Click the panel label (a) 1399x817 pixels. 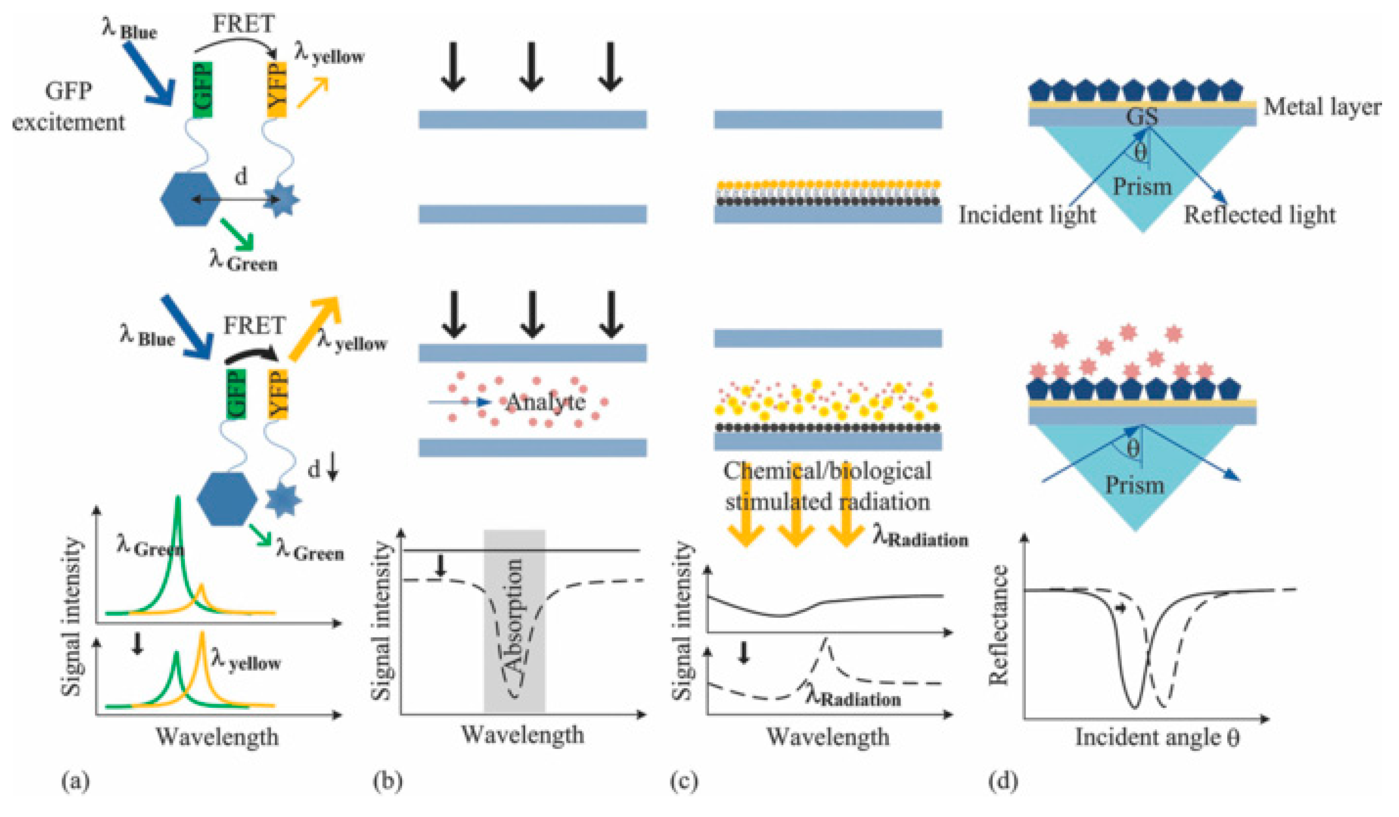tap(75, 782)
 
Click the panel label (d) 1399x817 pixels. tap(1003, 782)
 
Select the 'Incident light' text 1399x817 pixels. tap(1027, 215)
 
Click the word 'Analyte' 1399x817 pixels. tap(546, 402)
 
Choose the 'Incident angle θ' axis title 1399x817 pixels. tap(1157, 737)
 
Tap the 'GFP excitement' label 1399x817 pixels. tap(69, 106)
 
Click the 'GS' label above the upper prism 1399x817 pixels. tap(1142, 117)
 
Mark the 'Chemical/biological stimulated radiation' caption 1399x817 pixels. tap(827, 486)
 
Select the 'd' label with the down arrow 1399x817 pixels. tap(322, 470)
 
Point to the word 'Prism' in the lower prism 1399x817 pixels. tap(1133, 485)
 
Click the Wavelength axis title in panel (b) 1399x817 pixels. tap(523, 735)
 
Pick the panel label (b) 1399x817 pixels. tap(387, 782)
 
